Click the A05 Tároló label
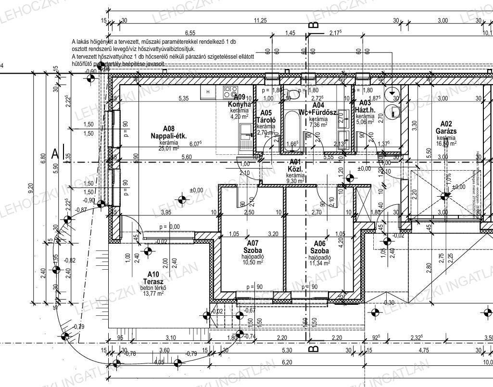click(x=265, y=116)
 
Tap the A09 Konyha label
click(x=240, y=100)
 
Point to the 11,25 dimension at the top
click(x=260, y=20)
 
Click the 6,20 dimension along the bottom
click(x=287, y=361)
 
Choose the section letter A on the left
click(x=55, y=154)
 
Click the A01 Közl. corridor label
click(x=294, y=165)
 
